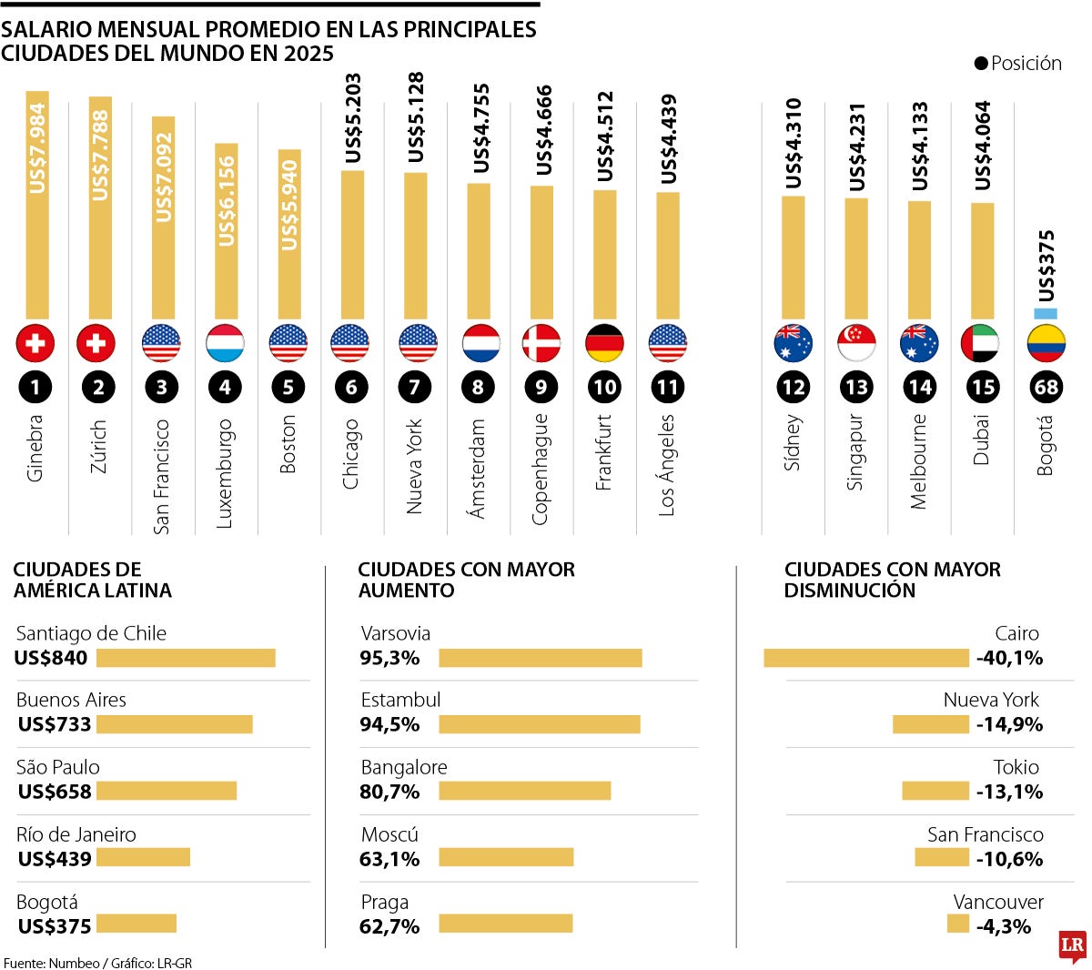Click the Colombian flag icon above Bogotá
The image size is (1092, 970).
click(1046, 343)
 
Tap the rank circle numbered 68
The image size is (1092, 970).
click(1046, 388)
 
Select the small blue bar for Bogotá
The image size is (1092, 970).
click(1046, 314)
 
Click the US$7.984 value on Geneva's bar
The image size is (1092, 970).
click(37, 148)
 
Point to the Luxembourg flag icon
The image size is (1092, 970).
click(225, 343)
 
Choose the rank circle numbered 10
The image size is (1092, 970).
click(604, 388)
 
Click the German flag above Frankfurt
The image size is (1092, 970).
click(604, 343)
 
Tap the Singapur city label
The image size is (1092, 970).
click(855, 452)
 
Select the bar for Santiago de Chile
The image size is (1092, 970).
click(186, 658)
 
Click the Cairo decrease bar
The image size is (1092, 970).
click(865, 658)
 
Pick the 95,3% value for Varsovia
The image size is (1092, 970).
click(389, 658)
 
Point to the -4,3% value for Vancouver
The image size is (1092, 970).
click(1003, 926)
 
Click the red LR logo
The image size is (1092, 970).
click(1072, 946)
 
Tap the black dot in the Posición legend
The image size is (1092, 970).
click(980, 64)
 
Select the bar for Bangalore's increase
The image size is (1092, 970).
click(524, 792)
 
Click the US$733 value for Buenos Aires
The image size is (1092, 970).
click(55, 724)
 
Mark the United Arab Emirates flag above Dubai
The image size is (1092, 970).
click(980, 343)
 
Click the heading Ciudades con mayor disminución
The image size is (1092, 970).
click(892, 580)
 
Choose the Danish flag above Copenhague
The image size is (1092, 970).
click(541, 343)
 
